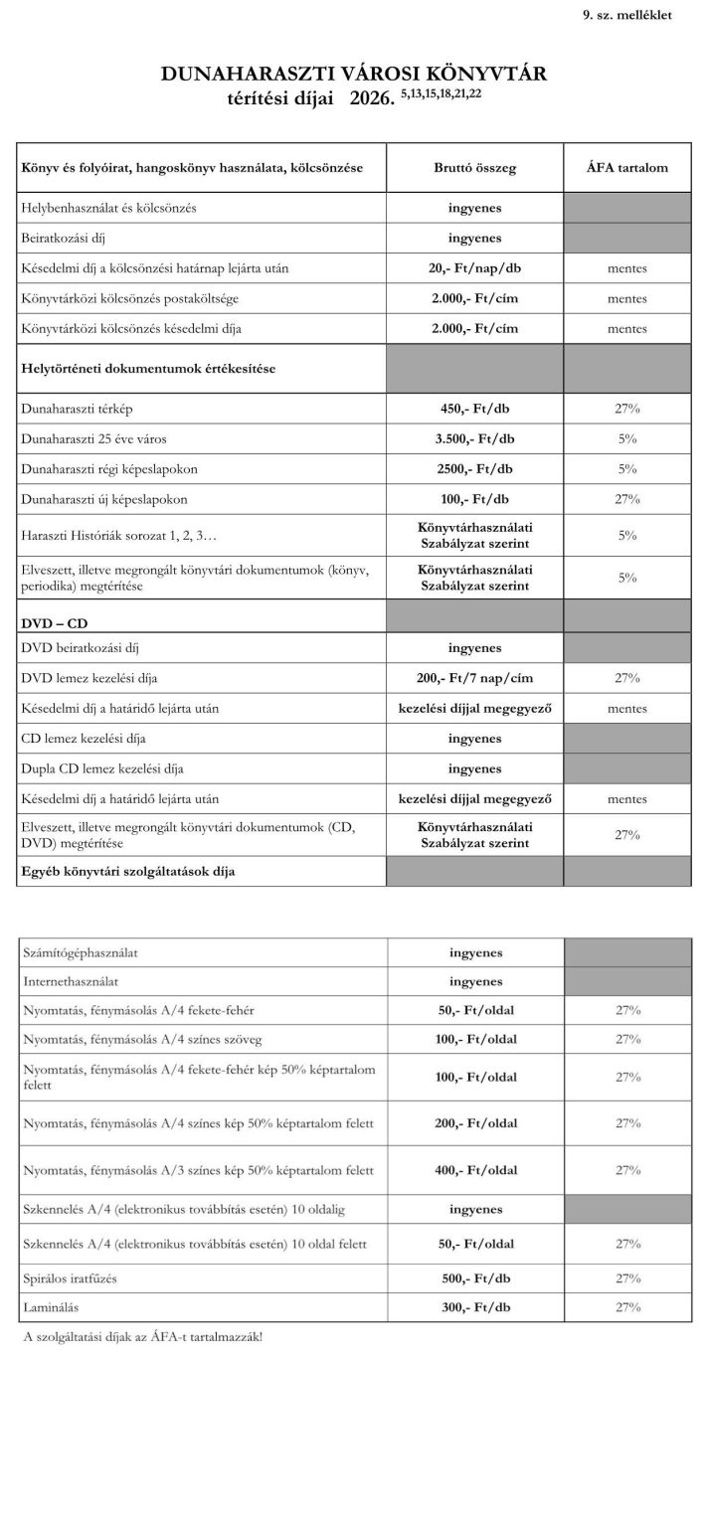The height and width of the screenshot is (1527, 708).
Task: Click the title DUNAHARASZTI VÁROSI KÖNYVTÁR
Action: [x=354, y=74]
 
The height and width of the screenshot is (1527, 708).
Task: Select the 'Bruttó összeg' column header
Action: [x=474, y=168]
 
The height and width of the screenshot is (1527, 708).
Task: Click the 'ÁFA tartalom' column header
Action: [x=626, y=168]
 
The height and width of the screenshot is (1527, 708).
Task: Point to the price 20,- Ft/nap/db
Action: [x=474, y=268]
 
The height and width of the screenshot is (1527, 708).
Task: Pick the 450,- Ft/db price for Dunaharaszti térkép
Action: [x=474, y=409]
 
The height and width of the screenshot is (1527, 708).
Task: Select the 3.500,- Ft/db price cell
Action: [x=474, y=438]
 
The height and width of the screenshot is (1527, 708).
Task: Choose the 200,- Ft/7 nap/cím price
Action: [x=474, y=678]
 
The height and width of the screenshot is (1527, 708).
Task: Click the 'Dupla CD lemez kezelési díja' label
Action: [x=105, y=768]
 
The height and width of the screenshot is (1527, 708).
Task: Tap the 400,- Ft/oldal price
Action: [x=474, y=1170]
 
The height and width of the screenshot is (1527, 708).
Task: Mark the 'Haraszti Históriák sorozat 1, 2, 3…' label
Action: [x=118, y=536]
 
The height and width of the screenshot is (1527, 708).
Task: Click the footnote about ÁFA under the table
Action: [x=142, y=1337]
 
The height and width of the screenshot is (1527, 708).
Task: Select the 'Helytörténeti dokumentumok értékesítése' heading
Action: [x=148, y=368]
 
